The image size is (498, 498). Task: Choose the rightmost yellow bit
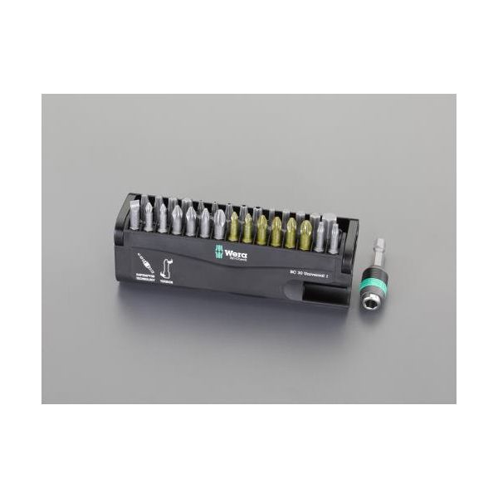click(x=305, y=232)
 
